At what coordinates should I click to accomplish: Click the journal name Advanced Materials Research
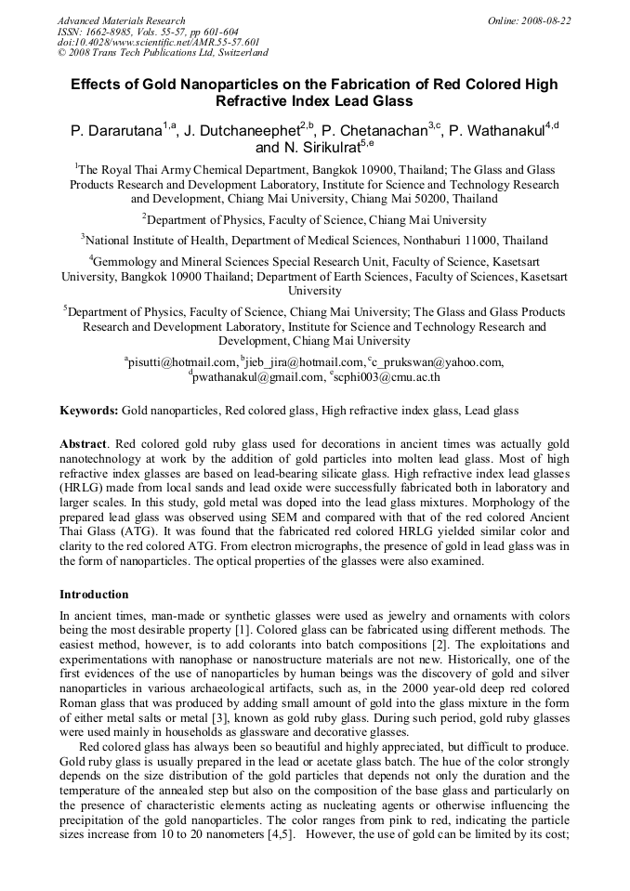click(x=121, y=20)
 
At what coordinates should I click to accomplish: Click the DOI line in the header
click(x=158, y=43)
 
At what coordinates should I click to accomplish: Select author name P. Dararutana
click(x=116, y=132)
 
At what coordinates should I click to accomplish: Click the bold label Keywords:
click(x=89, y=410)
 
